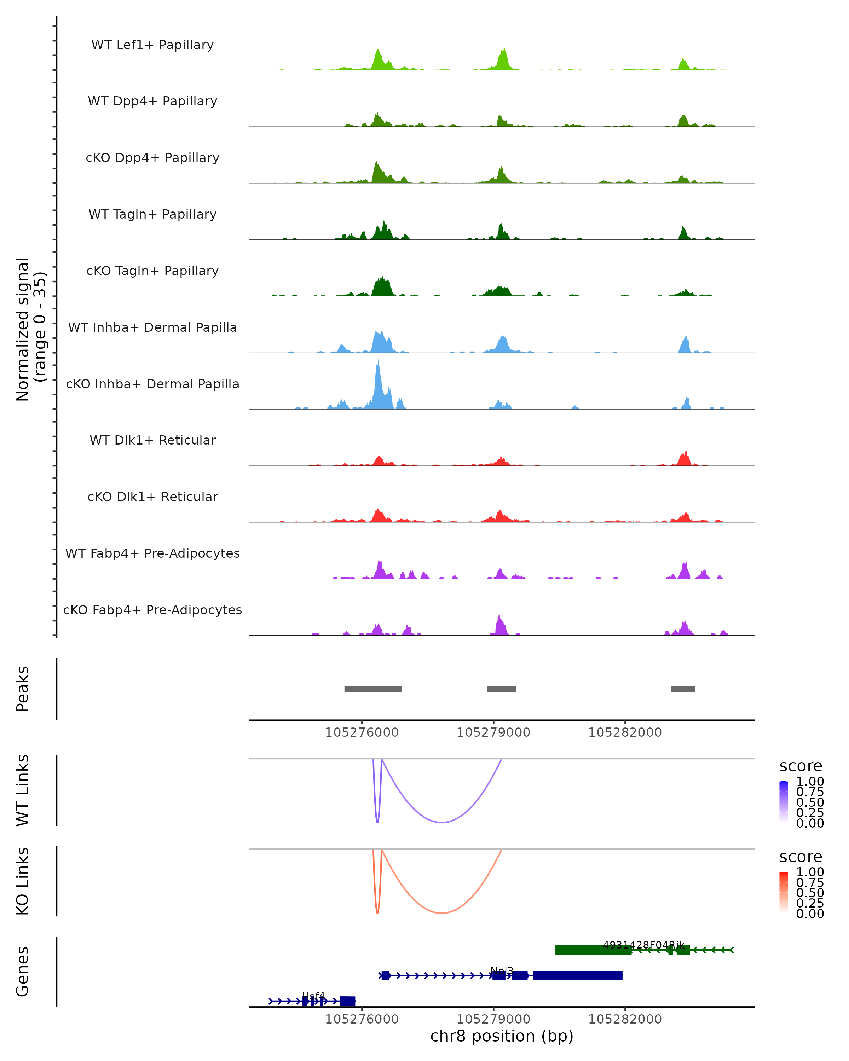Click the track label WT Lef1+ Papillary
pos(152,45)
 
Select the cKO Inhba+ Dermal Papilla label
pos(152,384)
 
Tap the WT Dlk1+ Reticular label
pos(152,440)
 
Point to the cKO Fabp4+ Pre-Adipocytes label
pos(152,610)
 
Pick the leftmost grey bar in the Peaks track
pos(373,689)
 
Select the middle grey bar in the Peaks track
pos(502,689)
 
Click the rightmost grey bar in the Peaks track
pos(683,689)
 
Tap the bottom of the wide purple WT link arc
pos(442,822)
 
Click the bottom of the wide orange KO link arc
pos(442,913)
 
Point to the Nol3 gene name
pos(502,970)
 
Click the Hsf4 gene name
pos(313,996)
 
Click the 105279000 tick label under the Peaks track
pos(493,732)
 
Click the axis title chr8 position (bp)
pos(502,1036)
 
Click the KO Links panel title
pos(23,881)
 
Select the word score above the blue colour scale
pos(800,766)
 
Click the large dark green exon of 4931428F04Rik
pos(593,950)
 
